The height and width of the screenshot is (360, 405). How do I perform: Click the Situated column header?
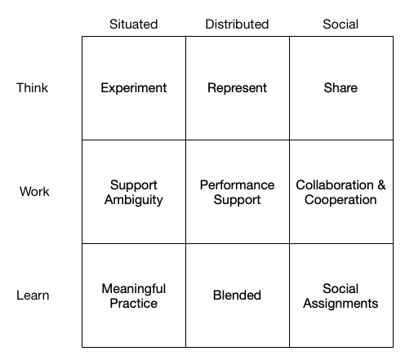[x=133, y=24]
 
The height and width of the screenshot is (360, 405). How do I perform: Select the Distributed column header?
[x=237, y=24]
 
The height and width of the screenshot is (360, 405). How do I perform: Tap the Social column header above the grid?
[x=340, y=24]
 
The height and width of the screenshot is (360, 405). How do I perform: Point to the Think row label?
[x=32, y=88]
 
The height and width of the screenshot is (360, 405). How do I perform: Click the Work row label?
[x=34, y=191]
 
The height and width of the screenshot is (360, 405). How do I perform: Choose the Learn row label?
[x=33, y=296]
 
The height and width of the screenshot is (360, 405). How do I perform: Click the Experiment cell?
[x=134, y=88]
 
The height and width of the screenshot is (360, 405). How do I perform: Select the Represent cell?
[x=237, y=88]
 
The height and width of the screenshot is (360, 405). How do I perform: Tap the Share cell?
[x=340, y=88]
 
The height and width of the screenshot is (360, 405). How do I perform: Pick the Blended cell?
[x=237, y=296]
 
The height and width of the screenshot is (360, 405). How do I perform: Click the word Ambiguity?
[x=134, y=200]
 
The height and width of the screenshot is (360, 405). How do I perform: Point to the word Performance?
[x=237, y=185]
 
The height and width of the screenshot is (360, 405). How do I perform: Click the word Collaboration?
[x=335, y=185]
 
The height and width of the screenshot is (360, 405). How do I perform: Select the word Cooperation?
[x=340, y=200]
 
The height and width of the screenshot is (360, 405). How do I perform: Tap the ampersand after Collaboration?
[x=381, y=185]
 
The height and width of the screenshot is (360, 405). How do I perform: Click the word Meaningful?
[x=134, y=289]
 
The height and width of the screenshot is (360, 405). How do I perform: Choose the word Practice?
[x=134, y=304]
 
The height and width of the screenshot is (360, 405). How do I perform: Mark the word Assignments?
[x=340, y=304]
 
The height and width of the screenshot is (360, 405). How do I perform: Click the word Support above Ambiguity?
[x=134, y=185]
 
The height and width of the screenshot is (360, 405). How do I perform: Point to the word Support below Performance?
[x=237, y=200]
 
